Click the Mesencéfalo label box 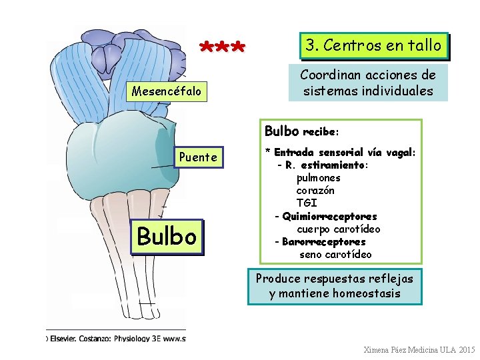167,91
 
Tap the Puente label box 199,157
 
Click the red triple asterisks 223,49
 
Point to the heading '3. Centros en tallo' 373,45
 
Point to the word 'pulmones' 319,178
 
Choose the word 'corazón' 315,191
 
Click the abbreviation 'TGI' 307,203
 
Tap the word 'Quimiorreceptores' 329,216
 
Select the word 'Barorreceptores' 324,241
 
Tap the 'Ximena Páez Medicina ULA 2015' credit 419,350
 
